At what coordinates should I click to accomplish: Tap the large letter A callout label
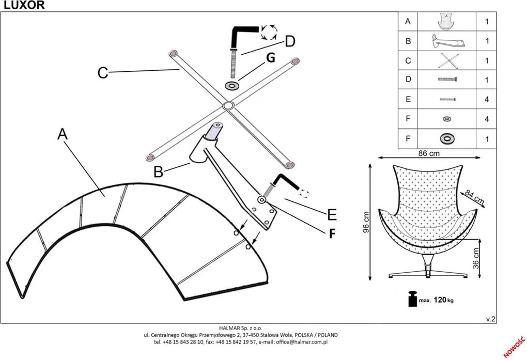63,134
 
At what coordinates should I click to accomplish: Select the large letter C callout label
103,73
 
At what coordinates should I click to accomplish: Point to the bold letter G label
270,58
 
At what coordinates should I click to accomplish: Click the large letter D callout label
290,42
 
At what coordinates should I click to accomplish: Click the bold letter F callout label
332,234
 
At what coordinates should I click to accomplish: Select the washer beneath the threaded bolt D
231,85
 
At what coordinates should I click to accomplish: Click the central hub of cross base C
227,106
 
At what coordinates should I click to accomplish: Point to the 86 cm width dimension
428,153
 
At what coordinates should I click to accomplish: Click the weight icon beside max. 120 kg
412,299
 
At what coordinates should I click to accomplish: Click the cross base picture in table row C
446,60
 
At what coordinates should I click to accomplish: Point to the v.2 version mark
491,319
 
